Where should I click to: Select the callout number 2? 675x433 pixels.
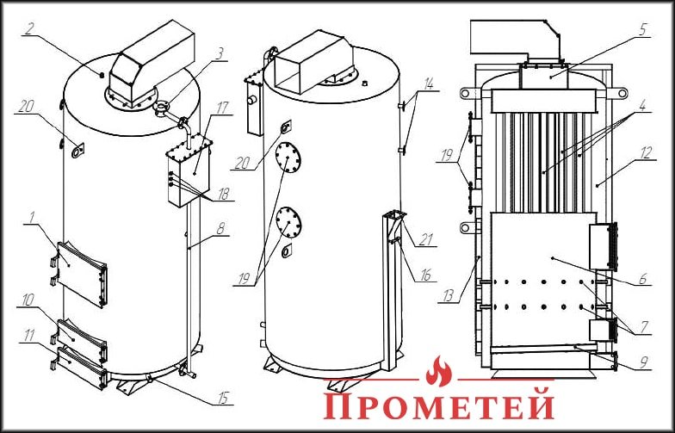28,28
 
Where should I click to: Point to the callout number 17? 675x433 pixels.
222,108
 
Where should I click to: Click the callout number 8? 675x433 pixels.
221,230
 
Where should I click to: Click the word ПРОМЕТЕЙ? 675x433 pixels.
438,405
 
